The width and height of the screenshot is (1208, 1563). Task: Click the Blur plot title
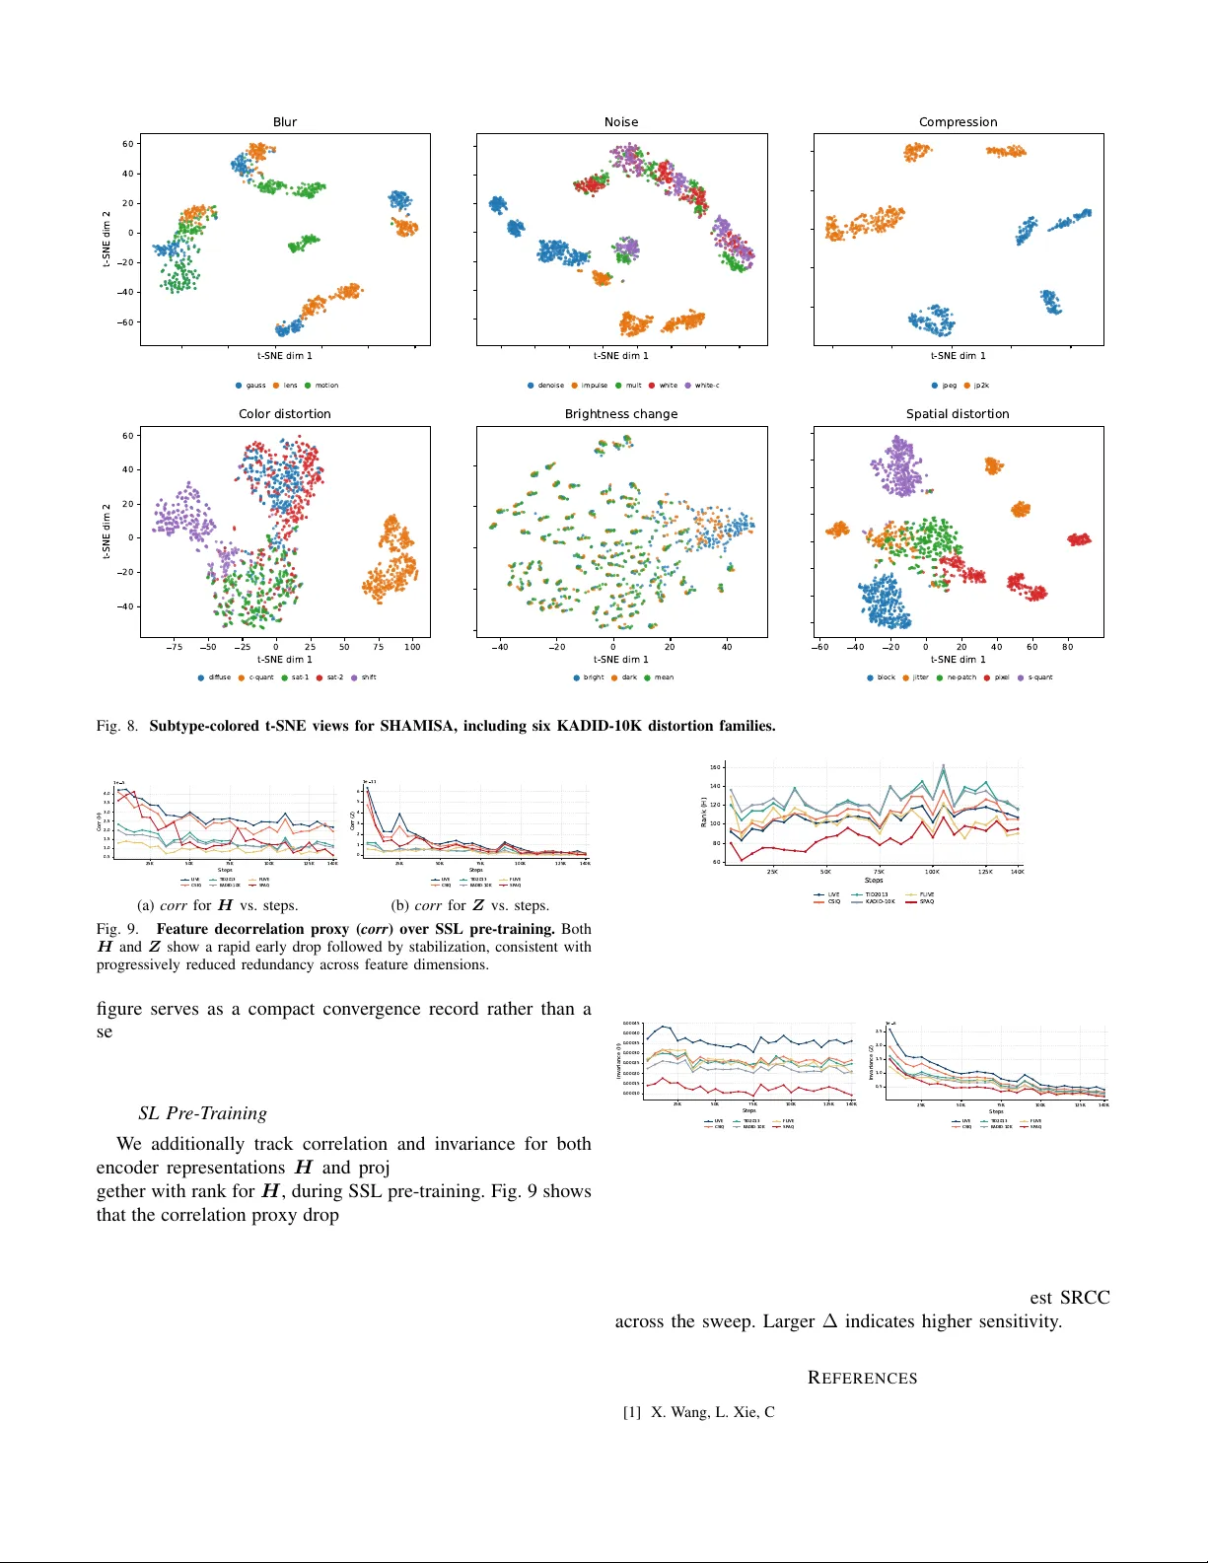pyautogui.click(x=285, y=122)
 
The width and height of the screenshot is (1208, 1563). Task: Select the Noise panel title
pyautogui.click(x=621, y=122)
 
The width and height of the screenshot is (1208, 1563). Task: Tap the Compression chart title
pyautogui.click(x=958, y=122)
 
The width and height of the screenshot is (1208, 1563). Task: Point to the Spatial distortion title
pyautogui.click(x=958, y=414)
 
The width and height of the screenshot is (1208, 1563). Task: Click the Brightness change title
pyautogui.click(x=621, y=414)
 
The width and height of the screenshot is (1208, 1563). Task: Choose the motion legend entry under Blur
pyautogui.click(x=326, y=386)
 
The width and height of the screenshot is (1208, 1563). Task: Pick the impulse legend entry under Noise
pyautogui.click(x=594, y=386)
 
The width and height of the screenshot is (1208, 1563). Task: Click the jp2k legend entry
pyautogui.click(x=981, y=386)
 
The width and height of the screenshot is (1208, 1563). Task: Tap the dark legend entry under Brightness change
pyautogui.click(x=629, y=677)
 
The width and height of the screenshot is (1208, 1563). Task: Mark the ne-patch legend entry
pyautogui.click(x=961, y=677)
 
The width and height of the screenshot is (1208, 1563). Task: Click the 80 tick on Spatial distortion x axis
pyautogui.click(x=1068, y=647)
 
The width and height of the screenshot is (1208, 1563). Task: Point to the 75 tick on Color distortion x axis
pyautogui.click(x=379, y=647)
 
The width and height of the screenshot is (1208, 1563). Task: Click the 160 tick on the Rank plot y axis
pyautogui.click(x=715, y=767)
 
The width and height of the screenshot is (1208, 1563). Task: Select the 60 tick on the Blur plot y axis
pyautogui.click(x=128, y=144)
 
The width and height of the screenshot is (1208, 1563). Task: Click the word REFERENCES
pyautogui.click(x=862, y=1378)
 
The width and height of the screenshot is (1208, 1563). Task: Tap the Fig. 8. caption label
pyautogui.click(x=117, y=726)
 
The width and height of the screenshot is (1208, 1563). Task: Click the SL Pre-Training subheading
pyautogui.click(x=202, y=1113)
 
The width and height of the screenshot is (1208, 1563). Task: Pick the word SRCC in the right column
pyautogui.click(x=1085, y=1298)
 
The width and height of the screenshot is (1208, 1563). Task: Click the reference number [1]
pyautogui.click(x=631, y=1412)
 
